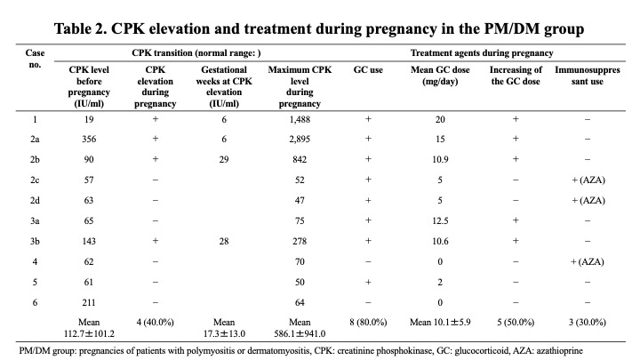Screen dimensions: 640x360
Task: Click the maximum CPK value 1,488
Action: [300, 119]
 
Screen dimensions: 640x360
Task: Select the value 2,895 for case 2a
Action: [300, 139]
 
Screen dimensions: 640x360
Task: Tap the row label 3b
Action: [35, 241]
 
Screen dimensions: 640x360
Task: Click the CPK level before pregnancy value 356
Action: [89, 139]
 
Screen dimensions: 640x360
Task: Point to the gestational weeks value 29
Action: [224, 159]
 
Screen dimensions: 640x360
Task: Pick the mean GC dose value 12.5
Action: [440, 220]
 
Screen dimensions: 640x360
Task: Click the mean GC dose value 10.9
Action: [440, 159]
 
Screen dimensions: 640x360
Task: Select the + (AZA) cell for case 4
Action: [587, 261]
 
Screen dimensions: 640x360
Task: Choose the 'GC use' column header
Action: [368, 70]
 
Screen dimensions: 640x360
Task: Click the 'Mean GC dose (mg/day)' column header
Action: [440, 76]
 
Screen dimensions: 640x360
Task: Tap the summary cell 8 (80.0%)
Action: [368, 322]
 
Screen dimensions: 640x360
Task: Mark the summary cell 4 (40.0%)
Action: [155, 322]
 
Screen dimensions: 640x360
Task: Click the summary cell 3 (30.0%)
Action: [587, 322]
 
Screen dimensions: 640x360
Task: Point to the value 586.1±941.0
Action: [300, 333]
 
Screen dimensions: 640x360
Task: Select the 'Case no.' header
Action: [35, 59]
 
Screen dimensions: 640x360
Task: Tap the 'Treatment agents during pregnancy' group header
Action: [482, 53]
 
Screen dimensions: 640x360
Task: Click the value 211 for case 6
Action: [89, 302]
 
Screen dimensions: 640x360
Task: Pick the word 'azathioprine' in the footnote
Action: [560, 350]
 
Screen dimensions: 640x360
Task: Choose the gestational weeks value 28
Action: [224, 241]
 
